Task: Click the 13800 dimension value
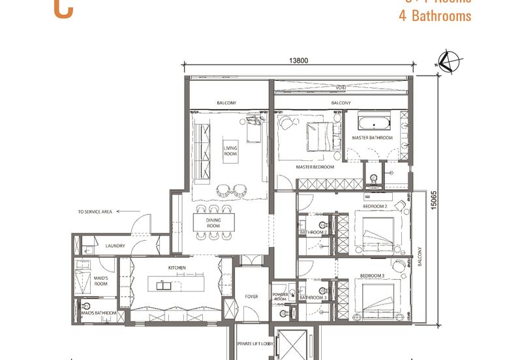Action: pos(298,61)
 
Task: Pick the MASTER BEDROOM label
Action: pos(315,167)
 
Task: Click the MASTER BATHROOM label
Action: pos(373,138)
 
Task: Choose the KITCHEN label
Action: pos(177,268)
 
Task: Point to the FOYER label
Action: pos(251,297)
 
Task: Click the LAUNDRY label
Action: pos(115,246)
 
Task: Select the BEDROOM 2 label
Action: pos(376,207)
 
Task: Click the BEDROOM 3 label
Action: pos(373,276)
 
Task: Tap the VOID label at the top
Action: pos(341,87)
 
